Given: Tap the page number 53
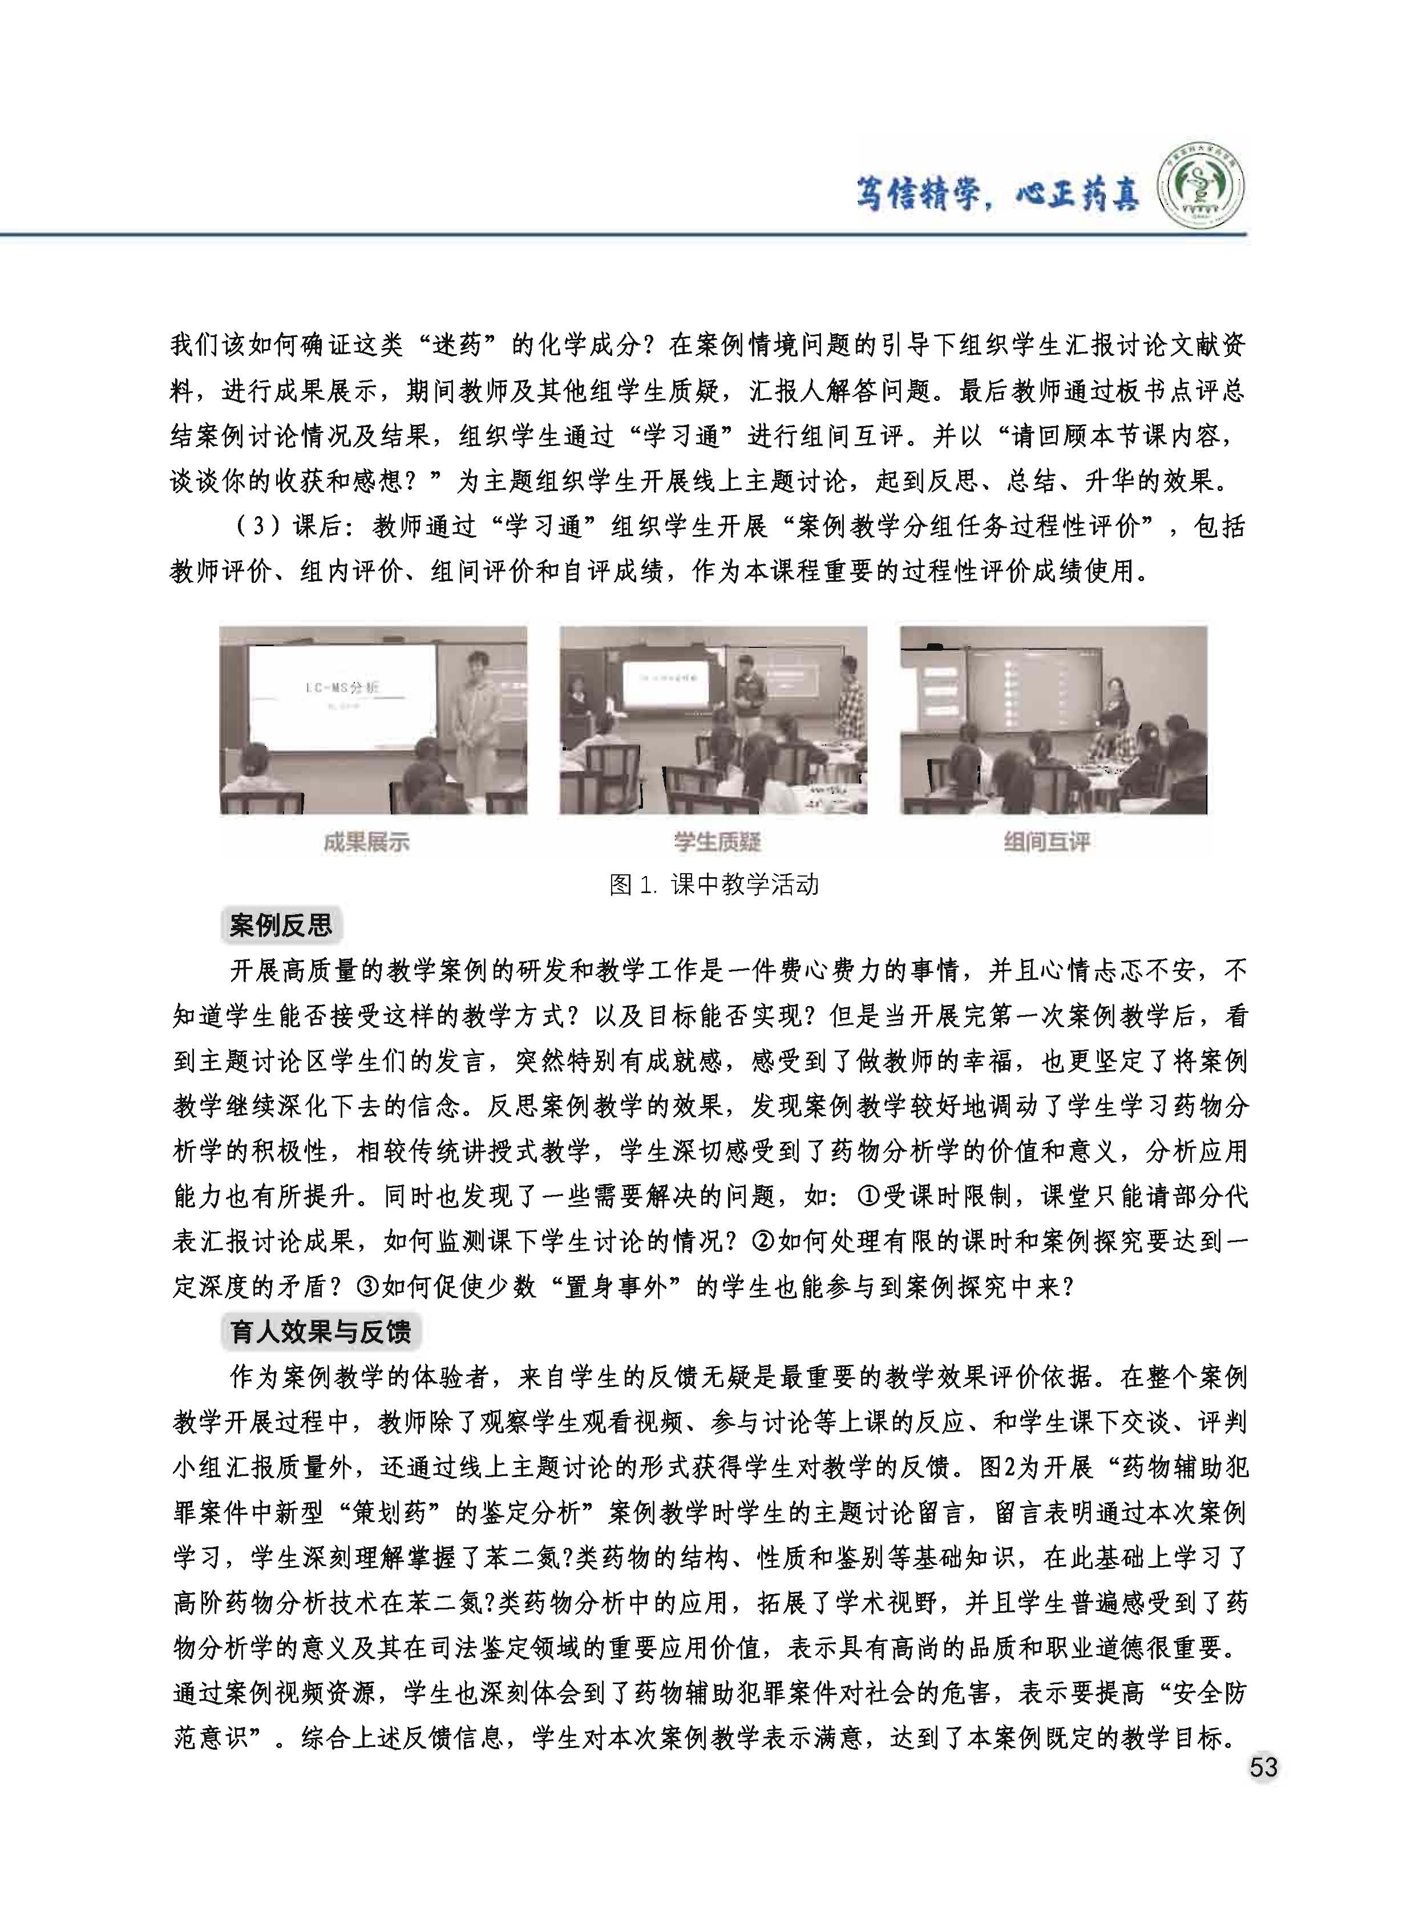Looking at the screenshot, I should pyautogui.click(x=1263, y=1767).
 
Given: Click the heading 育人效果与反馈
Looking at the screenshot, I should pyautogui.click(x=320, y=1332).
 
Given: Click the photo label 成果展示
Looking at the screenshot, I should pyautogui.click(x=366, y=842).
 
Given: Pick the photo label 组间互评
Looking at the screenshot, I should pyautogui.click(x=1046, y=842).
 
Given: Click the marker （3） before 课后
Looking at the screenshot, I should pyautogui.click(x=257, y=526).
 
